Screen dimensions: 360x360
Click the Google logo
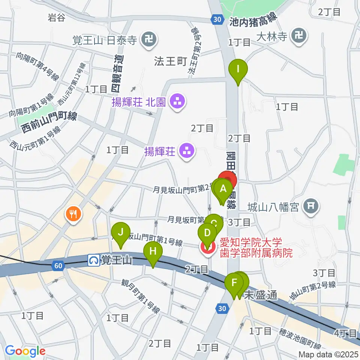25,351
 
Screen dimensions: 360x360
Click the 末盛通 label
261,296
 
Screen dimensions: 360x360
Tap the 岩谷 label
57,18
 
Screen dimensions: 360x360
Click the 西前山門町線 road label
49,123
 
